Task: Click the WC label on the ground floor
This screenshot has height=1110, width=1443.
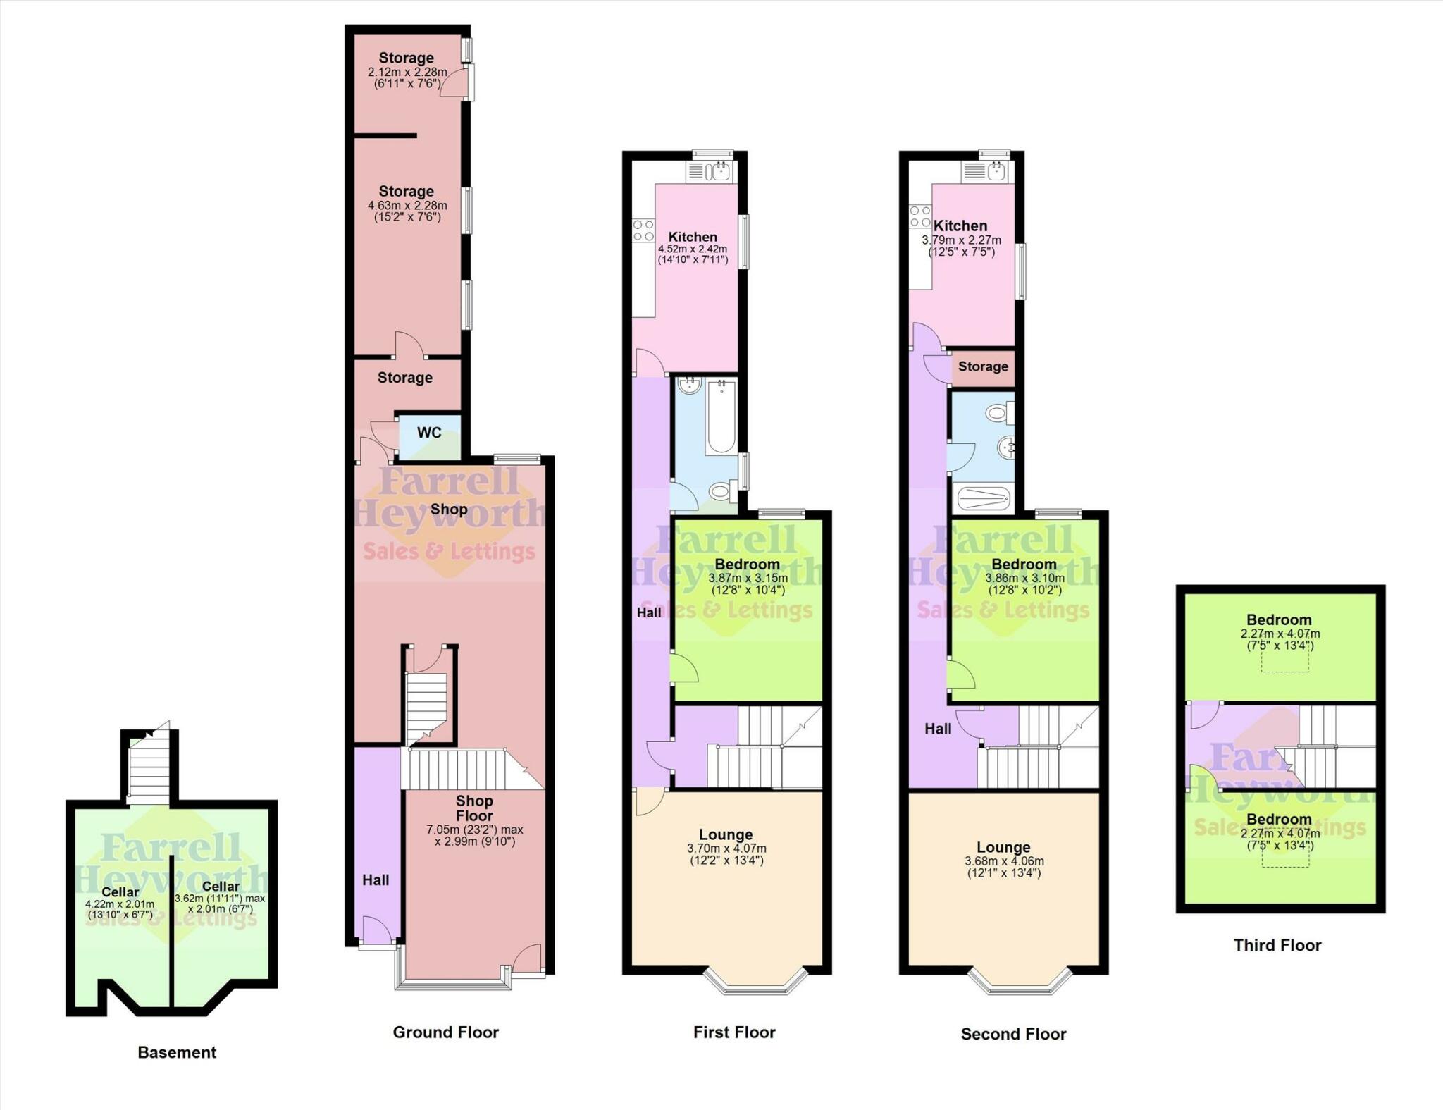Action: (429, 433)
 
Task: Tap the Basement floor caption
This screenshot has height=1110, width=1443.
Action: (177, 1052)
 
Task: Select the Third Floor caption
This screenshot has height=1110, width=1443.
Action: (1277, 945)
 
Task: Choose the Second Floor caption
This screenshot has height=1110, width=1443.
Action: (1013, 1034)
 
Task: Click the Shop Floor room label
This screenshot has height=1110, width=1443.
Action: (474, 808)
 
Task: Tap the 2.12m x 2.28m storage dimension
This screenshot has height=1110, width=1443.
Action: (407, 72)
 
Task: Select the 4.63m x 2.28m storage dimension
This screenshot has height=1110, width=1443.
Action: (407, 206)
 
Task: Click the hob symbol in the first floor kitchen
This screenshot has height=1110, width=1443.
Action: (643, 230)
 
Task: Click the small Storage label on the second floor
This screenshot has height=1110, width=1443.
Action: (983, 366)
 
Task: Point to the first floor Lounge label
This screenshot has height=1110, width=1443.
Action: (726, 834)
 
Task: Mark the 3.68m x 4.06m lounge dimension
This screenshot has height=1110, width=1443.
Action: (1004, 861)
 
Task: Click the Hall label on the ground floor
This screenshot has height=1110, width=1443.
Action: (376, 880)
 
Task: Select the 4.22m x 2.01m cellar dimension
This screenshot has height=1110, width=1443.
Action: (120, 904)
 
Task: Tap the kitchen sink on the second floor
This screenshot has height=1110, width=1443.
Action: (996, 171)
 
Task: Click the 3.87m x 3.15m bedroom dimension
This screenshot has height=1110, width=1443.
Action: (748, 578)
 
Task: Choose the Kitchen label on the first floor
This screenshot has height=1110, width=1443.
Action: (693, 237)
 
